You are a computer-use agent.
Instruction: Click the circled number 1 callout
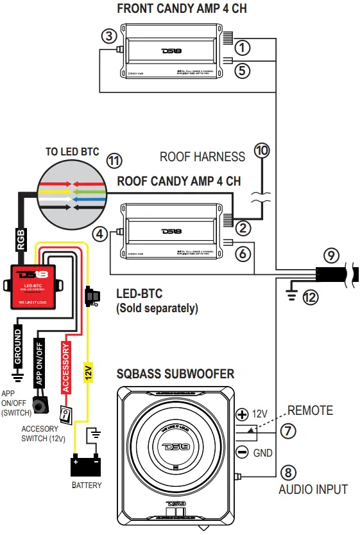click(241, 47)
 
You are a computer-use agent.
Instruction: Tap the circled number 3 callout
click(110, 35)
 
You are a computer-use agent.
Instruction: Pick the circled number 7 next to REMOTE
click(289, 431)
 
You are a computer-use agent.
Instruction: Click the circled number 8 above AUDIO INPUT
click(288, 473)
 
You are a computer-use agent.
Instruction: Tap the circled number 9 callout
click(330, 256)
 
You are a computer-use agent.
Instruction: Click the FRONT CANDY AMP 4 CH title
click(182, 9)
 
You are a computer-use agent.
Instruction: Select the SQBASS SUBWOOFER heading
click(175, 374)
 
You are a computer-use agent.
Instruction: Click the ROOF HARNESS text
click(202, 156)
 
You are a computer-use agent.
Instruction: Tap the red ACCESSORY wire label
click(65, 367)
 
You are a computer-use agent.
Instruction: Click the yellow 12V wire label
click(88, 373)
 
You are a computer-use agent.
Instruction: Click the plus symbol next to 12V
click(243, 414)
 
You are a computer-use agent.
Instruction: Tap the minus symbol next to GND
click(243, 452)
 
